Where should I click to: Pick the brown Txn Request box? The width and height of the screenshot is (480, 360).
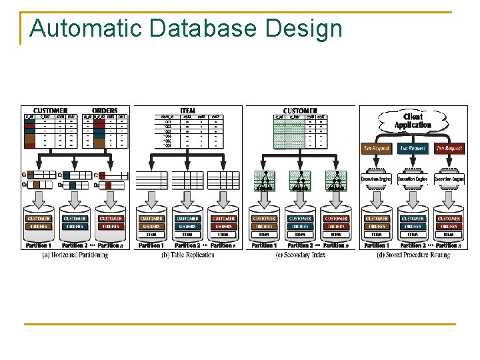pos(376,148)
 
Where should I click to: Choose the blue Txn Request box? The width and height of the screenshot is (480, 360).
pos(413,148)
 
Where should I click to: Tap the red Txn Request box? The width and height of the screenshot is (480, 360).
pos(449,148)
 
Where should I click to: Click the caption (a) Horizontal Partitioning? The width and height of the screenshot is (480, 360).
pos(75,255)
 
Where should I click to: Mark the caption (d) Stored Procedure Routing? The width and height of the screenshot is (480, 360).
pos(413,255)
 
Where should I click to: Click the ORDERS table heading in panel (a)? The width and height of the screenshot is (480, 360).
pos(105,111)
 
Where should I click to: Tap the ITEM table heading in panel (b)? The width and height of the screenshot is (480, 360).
pos(187,111)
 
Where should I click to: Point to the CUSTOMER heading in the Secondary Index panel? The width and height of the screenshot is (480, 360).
pos(300,111)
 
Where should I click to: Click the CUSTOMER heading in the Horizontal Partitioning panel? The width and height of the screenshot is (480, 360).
pos(51,111)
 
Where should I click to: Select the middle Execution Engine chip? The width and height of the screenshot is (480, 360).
pos(413,179)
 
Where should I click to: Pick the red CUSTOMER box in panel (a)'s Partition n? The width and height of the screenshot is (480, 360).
pos(111,219)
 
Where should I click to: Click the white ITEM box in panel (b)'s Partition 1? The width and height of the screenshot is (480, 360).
pos(151,234)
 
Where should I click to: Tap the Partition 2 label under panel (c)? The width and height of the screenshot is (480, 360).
pos(300,245)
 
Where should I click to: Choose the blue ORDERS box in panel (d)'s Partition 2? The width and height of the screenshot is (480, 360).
pos(413,227)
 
